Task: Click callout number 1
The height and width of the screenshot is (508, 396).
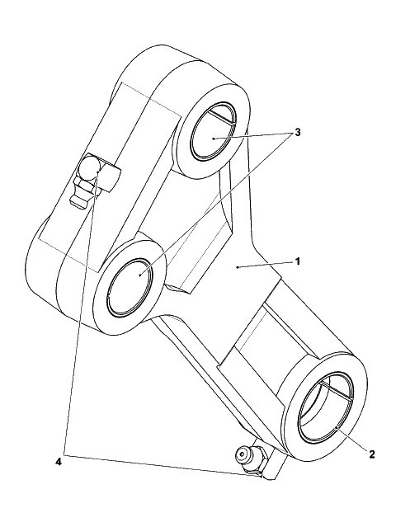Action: [298, 261]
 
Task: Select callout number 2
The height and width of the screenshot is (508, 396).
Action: [371, 454]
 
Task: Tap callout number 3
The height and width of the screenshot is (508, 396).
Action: [297, 133]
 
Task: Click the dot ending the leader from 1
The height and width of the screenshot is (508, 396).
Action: [238, 267]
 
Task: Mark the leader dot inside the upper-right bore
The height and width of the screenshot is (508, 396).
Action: [214, 139]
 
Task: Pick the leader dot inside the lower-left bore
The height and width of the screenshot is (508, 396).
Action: [139, 275]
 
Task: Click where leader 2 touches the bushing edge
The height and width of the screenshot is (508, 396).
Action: [337, 428]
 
